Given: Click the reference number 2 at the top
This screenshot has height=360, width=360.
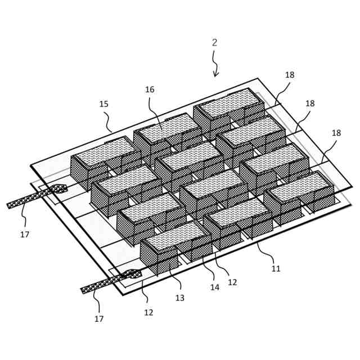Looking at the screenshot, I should click(x=215, y=43).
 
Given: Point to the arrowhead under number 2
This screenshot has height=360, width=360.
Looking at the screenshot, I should click(x=215, y=74).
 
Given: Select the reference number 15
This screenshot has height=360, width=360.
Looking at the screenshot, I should click(x=104, y=104).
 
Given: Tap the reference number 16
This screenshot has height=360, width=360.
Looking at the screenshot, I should click(x=150, y=89).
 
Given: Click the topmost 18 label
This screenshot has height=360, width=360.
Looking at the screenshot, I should click(x=290, y=75).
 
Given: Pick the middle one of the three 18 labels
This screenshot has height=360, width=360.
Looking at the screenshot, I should click(x=310, y=103).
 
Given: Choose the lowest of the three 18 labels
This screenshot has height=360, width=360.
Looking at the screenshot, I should click(x=336, y=133).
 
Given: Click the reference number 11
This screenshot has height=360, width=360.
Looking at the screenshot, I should click(x=276, y=269).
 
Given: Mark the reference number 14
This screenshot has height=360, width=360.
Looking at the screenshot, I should click(x=214, y=287).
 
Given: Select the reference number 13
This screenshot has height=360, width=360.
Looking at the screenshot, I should click(x=179, y=298).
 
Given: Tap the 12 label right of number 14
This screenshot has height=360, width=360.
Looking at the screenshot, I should click(x=232, y=282).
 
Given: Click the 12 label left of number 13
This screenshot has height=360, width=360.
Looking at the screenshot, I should click(x=148, y=312).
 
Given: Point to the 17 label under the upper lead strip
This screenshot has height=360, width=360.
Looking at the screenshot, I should click(x=25, y=234).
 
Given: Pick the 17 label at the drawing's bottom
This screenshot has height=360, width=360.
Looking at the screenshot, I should click(x=99, y=319).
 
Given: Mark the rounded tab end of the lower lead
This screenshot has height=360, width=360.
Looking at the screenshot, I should click(x=133, y=274).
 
